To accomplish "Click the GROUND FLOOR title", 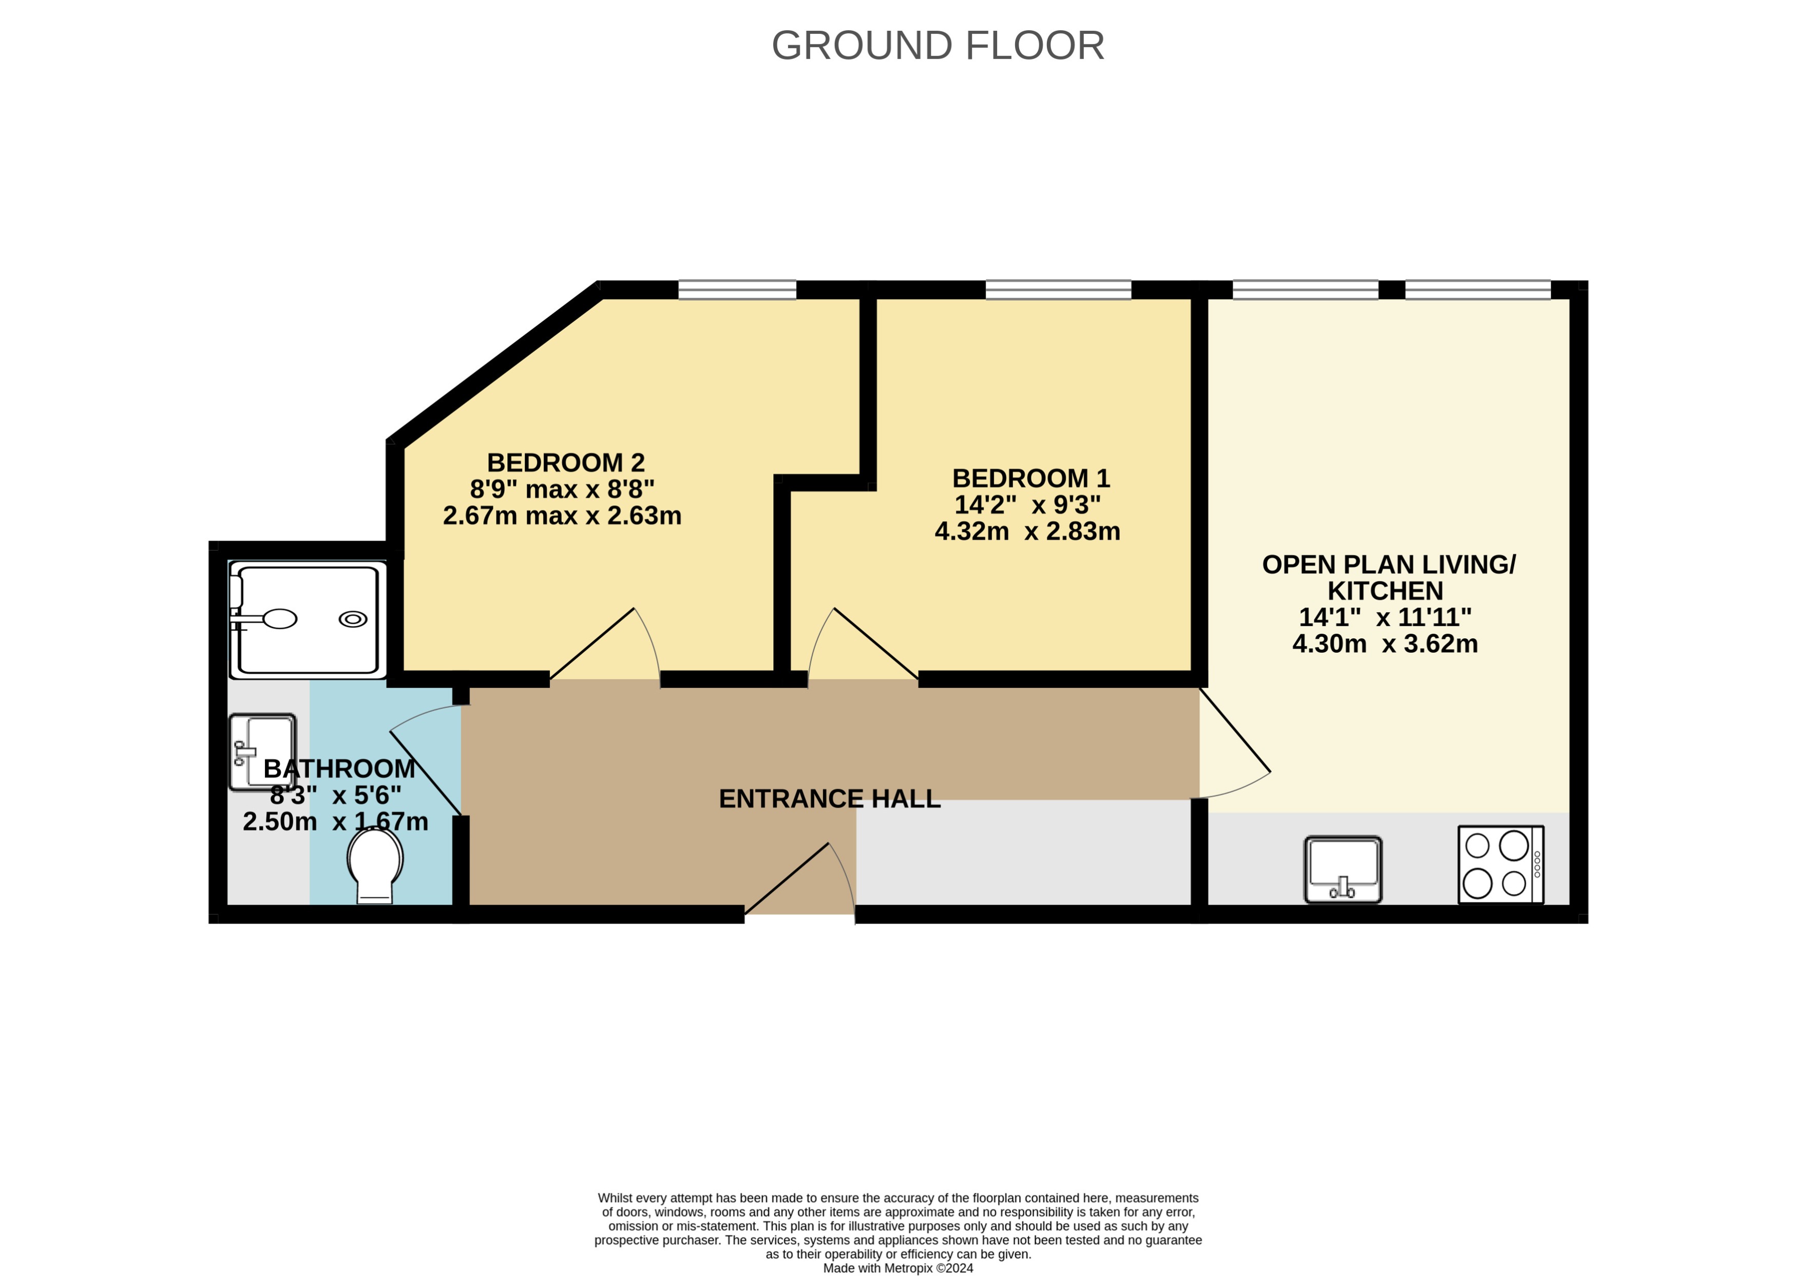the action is click(938, 46).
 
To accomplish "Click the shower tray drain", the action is click(353, 619).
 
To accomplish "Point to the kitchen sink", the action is click(1343, 869).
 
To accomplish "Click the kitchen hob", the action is click(1500, 864).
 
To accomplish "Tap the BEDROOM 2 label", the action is click(565, 462).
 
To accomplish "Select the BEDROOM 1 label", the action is click(1030, 478).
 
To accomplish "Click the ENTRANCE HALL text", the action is click(829, 798).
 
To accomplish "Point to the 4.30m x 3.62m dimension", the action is click(1385, 643).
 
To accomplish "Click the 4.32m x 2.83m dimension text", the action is click(1027, 531).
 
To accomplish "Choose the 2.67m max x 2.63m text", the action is click(562, 516).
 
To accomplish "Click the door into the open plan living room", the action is click(1235, 731).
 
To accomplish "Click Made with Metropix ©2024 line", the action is click(897, 1267).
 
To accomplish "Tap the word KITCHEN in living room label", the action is click(1385, 591).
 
